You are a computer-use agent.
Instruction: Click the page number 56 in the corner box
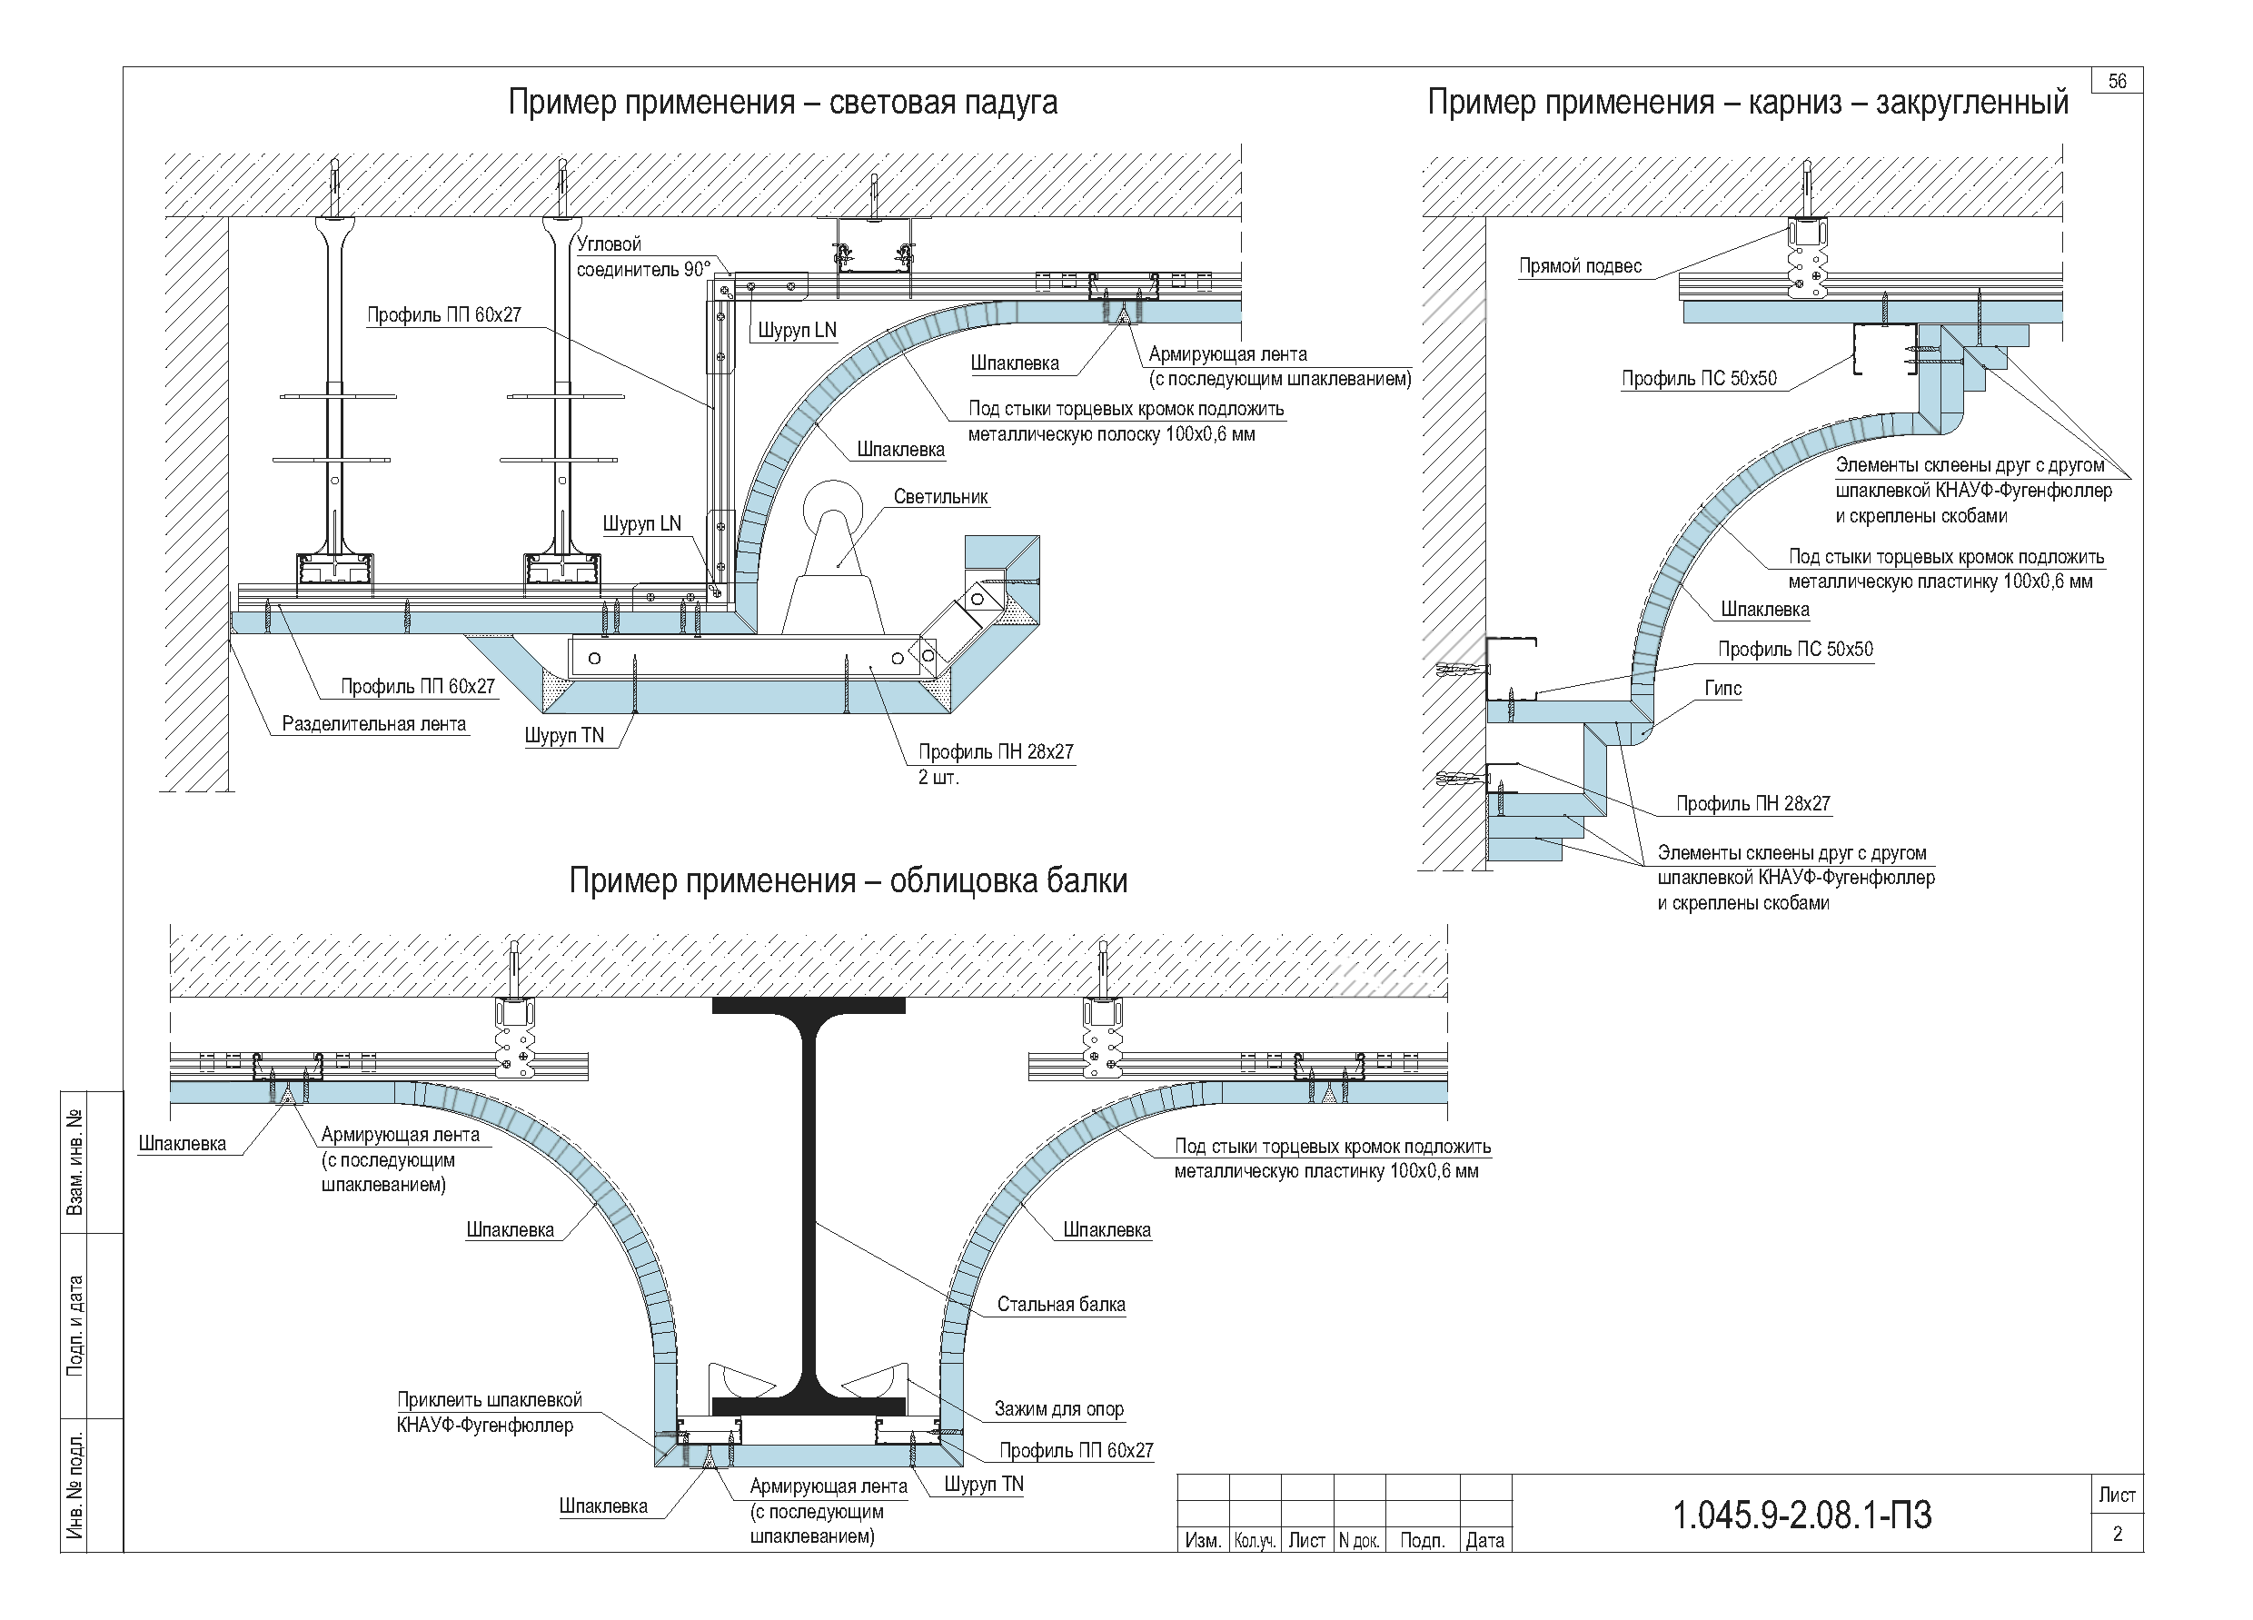(x=2117, y=82)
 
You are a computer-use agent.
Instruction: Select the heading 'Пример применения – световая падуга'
(x=782, y=104)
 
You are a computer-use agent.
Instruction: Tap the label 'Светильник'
(x=939, y=497)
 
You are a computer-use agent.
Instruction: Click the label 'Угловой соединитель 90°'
(x=641, y=256)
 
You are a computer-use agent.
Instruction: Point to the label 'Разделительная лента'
(x=373, y=724)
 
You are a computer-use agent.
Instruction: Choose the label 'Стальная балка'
(x=1061, y=1304)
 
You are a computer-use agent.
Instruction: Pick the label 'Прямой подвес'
(x=1580, y=266)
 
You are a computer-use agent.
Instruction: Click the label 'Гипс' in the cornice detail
(x=1722, y=689)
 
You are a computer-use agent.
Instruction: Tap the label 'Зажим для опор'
(x=1059, y=1408)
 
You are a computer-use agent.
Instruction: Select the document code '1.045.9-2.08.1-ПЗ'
(x=1802, y=1516)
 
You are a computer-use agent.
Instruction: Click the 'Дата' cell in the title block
(x=1485, y=1541)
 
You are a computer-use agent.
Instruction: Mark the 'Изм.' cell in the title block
(x=1203, y=1541)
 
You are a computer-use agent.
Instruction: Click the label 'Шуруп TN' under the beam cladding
(x=984, y=1484)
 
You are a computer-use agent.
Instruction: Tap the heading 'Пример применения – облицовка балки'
(x=848, y=881)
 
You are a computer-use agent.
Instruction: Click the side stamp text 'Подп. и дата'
(x=75, y=1326)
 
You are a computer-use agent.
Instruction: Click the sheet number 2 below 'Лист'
(x=2117, y=1534)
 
